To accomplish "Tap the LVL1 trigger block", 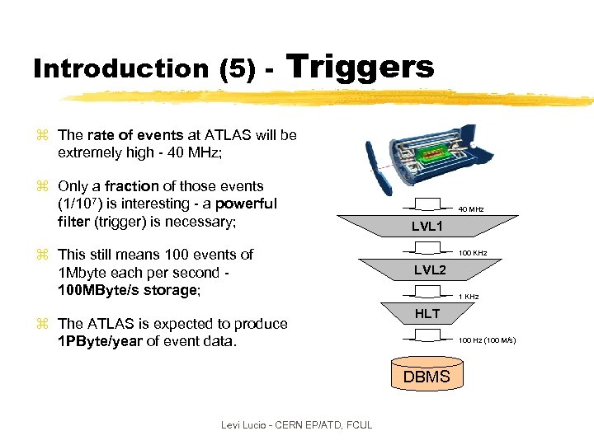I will [428, 226].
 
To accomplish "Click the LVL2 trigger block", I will [429, 270].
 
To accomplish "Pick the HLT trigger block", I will [427, 313].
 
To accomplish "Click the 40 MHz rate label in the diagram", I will [470, 209].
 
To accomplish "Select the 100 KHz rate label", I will [473, 251].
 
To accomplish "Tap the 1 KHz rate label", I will [469, 296].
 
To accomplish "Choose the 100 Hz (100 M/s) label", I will [488, 340].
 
